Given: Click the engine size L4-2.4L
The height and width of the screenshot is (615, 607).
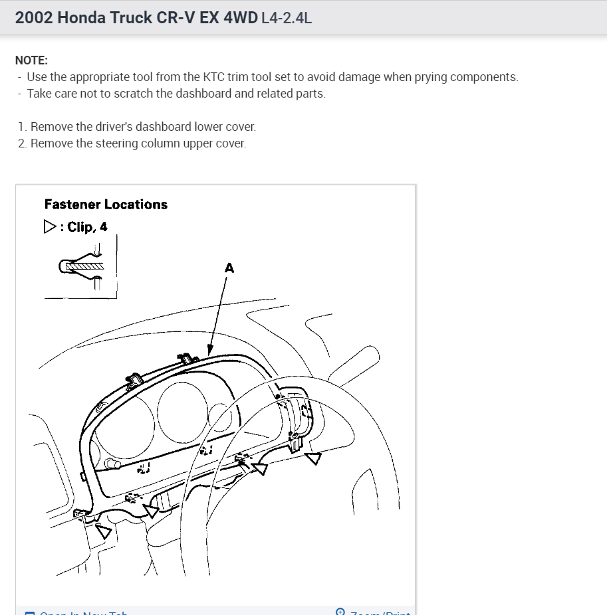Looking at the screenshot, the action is tap(287, 18).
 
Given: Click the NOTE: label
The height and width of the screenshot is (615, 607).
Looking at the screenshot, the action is tap(31, 60).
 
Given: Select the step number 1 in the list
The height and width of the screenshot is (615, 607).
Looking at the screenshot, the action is tap(22, 126).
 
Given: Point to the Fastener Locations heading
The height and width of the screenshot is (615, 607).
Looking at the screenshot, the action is tap(106, 205).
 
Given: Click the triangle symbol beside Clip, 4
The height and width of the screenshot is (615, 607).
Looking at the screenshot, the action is tap(50, 227).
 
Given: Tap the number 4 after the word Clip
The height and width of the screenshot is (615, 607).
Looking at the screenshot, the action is tap(103, 227).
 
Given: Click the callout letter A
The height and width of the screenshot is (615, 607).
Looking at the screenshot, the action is tap(229, 268).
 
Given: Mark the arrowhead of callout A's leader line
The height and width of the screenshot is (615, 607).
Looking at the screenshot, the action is tap(210, 351).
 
